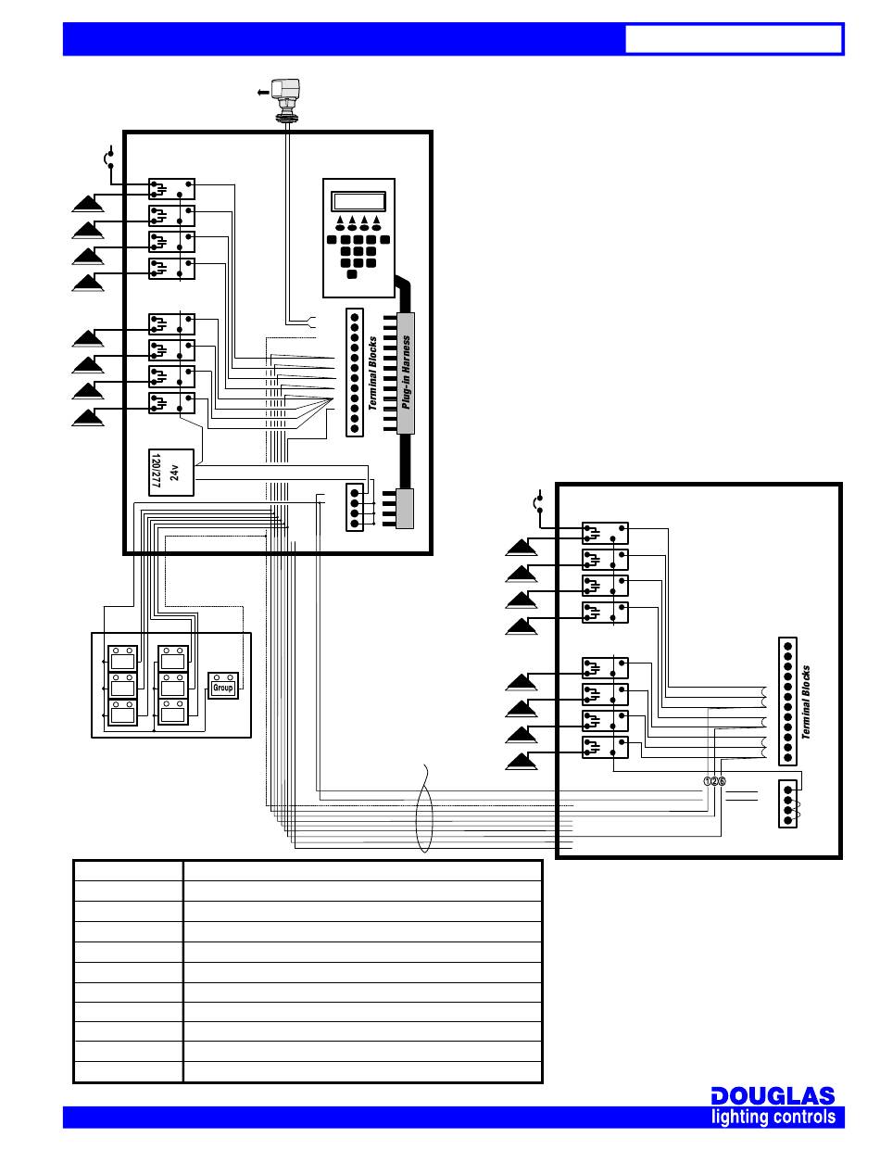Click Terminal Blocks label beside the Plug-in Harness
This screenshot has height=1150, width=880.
372,373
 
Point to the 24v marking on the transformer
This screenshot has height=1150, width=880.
174,473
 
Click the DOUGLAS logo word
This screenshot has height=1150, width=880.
773,1096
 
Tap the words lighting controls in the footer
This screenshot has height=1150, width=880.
773,1118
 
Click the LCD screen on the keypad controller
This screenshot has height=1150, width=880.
358,202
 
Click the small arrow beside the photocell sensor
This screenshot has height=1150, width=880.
262,93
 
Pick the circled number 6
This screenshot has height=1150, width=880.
722,781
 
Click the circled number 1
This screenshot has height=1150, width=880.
707,781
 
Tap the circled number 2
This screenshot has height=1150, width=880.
714,781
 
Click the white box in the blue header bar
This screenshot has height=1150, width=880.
733,39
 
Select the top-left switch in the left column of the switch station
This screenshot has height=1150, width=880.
122,658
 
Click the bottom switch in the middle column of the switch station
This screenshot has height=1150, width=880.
173,713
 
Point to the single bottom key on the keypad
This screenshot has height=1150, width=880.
352,274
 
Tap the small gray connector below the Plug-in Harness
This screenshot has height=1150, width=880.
405,509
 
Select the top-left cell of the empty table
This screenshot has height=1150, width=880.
129,870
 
